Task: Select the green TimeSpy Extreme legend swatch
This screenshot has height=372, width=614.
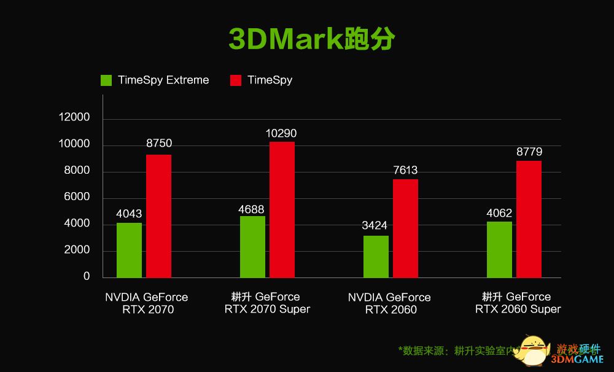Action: click(x=106, y=80)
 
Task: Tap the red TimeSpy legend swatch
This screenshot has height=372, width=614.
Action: click(x=236, y=80)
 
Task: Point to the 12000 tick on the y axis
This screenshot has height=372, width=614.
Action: click(x=74, y=117)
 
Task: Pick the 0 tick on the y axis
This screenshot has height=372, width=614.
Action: click(x=87, y=277)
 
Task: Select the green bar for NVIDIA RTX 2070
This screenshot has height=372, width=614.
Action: click(x=129, y=250)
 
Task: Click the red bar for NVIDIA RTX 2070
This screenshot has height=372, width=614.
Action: click(x=158, y=216)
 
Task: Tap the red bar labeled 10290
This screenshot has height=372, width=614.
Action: click(x=282, y=209)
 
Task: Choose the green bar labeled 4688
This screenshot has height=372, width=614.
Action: click(x=252, y=247)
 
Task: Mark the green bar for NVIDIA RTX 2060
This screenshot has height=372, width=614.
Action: click(x=376, y=257)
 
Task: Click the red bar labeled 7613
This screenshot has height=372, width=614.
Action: click(x=405, y=228)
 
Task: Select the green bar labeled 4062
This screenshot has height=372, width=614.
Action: click(x=499, y=249)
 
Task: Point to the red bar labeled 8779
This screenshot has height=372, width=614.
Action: click(x=529, y=219)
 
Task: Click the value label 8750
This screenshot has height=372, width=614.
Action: click(x=159, y=143)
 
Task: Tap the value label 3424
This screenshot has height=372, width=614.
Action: click(x=375, y=225)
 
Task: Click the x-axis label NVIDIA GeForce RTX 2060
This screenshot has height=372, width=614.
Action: click(x=389, y=303)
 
